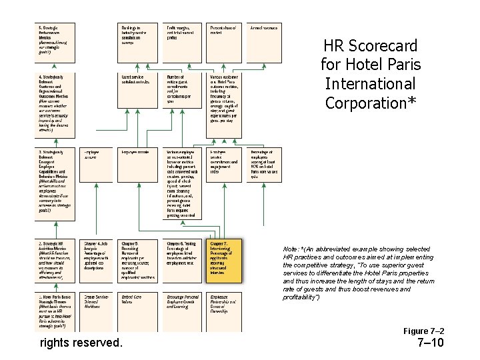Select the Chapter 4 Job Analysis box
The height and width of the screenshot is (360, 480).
[x=97, y=259]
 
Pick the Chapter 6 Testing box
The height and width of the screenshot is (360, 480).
[x=183, y=259]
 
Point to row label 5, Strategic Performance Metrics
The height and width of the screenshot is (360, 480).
[x=55, y=40]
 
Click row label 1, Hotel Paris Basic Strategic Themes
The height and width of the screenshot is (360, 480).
[x=55, y=311]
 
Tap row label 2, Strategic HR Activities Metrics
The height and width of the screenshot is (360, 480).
[x=55, y=260]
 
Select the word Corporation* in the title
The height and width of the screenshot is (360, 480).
[x=371, y=103]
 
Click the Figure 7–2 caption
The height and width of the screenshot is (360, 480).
[x=424, y=331]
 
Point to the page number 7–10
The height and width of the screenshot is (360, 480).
[x=429, y=344]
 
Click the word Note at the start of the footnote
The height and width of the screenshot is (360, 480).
[x=291, y=249]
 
